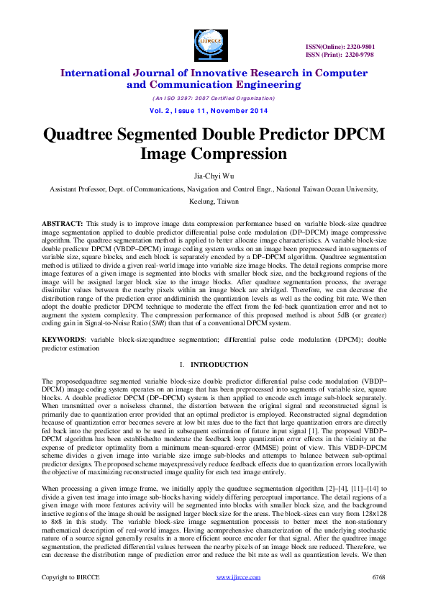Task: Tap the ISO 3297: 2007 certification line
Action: [214, 98]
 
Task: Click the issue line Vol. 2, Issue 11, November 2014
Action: [214, 111]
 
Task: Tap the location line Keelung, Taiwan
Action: [214, 202]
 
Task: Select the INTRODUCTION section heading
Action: [224, 365]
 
